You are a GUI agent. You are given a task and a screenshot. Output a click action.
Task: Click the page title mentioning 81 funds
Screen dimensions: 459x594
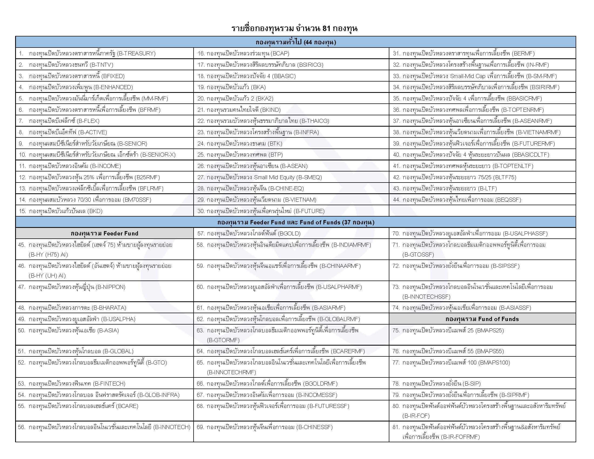point(294,29)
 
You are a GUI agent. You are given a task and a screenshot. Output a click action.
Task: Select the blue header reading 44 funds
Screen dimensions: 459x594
point(296,42)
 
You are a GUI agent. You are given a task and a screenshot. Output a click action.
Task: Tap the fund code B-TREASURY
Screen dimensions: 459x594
point(136,53)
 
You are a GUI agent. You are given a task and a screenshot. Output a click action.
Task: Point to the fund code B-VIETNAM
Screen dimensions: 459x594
point(299,200)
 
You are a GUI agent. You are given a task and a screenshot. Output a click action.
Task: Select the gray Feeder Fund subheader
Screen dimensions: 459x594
point(104,233)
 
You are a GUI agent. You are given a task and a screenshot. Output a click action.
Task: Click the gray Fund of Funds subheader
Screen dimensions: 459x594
point(482,319)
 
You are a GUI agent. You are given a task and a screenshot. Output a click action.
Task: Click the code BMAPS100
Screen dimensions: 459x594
point(494,362)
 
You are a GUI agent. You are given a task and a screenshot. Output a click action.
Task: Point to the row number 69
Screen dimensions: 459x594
point(200,427)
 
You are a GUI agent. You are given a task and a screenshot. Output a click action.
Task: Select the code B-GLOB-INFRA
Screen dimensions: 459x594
point(159,395)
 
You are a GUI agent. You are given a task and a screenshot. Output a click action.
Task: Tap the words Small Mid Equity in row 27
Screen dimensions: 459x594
point(274,177)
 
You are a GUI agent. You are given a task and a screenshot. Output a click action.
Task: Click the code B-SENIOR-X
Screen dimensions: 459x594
point(158,155)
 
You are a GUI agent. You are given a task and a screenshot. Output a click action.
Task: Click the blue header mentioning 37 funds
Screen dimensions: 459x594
point(296,222)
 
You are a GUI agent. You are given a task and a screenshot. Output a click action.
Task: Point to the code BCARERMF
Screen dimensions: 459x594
point(348,351)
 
